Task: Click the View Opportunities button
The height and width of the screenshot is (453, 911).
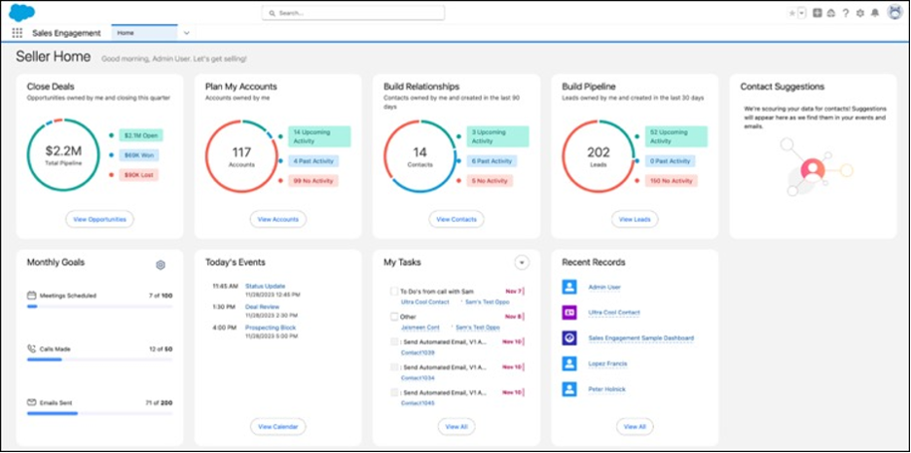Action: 99,220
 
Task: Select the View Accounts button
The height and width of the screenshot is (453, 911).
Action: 277,220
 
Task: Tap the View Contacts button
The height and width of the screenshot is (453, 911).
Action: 455,220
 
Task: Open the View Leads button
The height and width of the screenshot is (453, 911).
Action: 635,220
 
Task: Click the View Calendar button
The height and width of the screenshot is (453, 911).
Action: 277,426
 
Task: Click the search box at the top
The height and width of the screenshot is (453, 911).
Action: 353,13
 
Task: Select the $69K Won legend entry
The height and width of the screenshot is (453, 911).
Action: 139,155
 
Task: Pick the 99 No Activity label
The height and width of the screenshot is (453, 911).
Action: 312,181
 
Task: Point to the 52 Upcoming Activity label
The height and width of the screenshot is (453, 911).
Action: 672,136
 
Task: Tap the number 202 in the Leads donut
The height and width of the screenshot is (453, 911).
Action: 599,152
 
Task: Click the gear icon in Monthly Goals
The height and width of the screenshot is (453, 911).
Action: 161,264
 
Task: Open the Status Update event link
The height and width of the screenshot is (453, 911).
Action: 266,286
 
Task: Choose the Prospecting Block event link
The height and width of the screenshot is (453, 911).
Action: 271,328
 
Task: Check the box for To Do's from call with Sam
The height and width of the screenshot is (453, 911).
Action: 394,291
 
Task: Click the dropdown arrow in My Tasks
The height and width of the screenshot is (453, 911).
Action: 522,262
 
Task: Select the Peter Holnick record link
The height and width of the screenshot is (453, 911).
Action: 607,389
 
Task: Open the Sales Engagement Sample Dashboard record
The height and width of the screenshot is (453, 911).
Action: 641,338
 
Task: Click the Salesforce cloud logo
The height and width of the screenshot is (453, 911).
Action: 21,12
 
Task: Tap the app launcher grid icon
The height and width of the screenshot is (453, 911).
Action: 17,33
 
